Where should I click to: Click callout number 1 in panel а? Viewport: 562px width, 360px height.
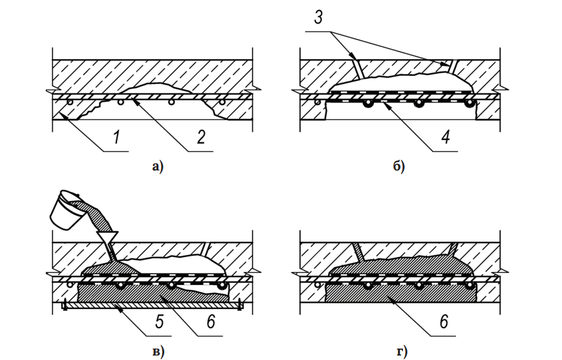pyautogui.click(x=116, y=137)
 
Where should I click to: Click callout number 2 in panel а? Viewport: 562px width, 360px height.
pyautogui.click(x=201, y=137)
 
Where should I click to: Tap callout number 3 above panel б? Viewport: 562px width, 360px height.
pyautogui.click(x=319, y=18)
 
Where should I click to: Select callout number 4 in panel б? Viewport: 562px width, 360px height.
pyautogui.click(x=446, y=137)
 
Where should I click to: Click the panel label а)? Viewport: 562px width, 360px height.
pyautogui.click(x=158, y=167)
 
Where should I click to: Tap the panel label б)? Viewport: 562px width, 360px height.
pyautogui.click(x=399, y=167)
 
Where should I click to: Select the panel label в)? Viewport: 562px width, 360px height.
pyautogui.click(x=158, y=352)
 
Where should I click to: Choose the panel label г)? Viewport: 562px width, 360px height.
pyautogui.click(x=401, y=352)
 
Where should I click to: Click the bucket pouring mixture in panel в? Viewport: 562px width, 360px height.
pyautogui.click(x=67, y=211)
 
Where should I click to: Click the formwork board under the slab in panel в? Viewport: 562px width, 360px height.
pyautogui.click(x=153, y=305)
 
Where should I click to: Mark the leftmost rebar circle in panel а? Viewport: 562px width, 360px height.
pyautogui.click(x=70, y=102)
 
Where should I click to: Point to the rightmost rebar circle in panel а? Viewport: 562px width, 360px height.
pyautogui.click(x=223, y=102)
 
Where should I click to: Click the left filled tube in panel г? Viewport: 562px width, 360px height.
pyautogui.click(x=359, y=252)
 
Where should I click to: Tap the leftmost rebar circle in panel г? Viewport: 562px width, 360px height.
pyautogui.click(x=318, y=285)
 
